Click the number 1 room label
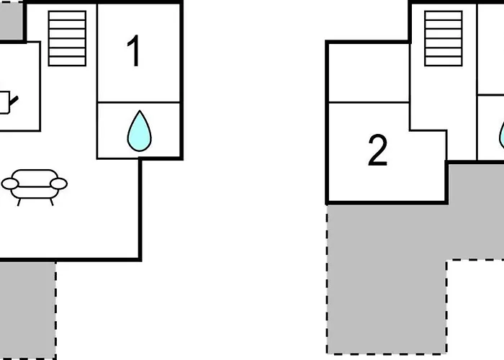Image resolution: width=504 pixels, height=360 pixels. click(x=134, y=52)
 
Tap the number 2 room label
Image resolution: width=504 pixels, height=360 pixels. click(x=377, y=151)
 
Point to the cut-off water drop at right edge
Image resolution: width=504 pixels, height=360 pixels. click(x=501, y=134)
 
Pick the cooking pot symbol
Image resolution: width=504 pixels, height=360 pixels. click(x=4, y=102)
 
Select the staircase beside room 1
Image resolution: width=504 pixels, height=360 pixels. click(x=67, y=37)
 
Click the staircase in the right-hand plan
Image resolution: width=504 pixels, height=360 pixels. click(x=444, y=37)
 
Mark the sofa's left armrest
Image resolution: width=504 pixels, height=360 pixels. click(x=9, y=184)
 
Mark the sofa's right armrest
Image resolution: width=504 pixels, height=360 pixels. click(x=59, y=184)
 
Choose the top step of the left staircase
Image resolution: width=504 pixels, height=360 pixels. click(x=67, y=15)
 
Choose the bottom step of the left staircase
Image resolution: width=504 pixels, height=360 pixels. click(x=67, y=60)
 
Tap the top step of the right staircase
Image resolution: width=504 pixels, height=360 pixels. click(x=444, y=15)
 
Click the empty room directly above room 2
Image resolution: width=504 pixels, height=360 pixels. click(x=368, y=72)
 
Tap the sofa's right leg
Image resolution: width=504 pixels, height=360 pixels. click(x=51, y=202)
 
